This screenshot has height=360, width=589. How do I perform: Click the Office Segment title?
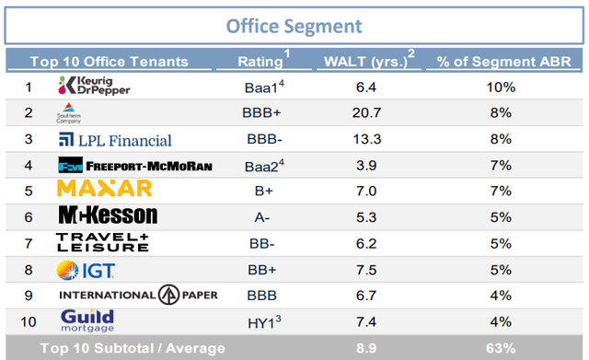point(294,27)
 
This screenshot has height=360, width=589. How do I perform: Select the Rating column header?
point(264,60)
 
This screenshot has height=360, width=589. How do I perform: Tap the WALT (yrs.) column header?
point(369,60)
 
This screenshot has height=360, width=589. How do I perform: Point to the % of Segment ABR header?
point(503,62)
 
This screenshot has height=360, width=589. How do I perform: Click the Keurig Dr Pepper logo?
point(94,86)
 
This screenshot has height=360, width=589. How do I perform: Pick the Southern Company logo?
point(69,113)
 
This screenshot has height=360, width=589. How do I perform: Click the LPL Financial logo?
point(115,140)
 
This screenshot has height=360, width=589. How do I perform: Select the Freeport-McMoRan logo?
point(135,166)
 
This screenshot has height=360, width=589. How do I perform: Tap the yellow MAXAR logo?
point(104,188)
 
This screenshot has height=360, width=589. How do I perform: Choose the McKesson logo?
point(109,215)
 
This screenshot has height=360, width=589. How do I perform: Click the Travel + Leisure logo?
point(102,242)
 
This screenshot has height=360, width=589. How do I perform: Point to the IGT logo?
point(86,270)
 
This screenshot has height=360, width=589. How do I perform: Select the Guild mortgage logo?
point(87,320)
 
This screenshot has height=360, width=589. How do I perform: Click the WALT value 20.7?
point(366,112)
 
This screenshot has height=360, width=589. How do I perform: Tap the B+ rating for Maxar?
point(264,191)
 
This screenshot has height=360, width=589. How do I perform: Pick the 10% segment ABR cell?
point(501,87)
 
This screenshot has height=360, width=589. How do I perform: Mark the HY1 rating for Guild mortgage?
point(264,322)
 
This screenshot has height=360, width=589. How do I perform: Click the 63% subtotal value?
point(501,348)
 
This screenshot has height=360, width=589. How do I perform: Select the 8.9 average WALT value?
point(366,348)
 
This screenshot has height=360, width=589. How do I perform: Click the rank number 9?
point(29,296)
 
